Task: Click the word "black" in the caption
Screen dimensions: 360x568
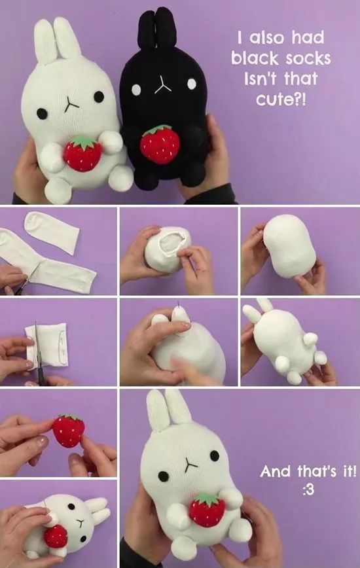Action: [x=255, y=58]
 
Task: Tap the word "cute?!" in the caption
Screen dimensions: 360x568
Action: [x=281, y=99]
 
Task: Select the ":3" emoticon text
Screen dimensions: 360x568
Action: [x=308, y=489]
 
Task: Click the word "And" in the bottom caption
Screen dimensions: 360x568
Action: [x=276, y=471]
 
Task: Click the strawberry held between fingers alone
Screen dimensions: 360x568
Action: [x=69, y=431]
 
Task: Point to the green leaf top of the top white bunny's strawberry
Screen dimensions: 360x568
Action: [x=84, y=142]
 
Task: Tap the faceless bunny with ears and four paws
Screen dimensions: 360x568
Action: [x=284, y=340]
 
